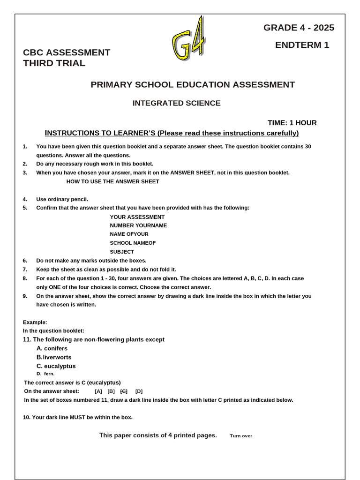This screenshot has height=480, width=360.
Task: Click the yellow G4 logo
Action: [189, 40]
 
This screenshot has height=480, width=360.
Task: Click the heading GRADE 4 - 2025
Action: [299, 28]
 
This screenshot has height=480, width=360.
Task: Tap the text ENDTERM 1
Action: [302, 45]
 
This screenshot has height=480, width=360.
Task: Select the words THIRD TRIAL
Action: [54, 63]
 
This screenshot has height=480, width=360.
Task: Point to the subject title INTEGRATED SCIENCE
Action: [176, 103]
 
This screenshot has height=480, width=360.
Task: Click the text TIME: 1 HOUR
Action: [292, 123]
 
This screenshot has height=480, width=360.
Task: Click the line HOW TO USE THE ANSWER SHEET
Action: [112, 181]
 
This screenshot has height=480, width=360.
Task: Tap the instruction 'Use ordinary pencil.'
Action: [62, 199]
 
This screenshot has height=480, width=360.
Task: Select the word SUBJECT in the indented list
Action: [122, 252]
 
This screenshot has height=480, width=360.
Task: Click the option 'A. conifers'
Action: [52, 348]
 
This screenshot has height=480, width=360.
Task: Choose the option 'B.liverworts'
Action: [53, 357]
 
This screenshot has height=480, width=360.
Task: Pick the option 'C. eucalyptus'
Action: [56, 366]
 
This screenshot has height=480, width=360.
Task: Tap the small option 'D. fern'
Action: [45, 374]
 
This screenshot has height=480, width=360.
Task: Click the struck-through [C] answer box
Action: [124, 391]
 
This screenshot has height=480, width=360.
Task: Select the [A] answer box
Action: [98, 391]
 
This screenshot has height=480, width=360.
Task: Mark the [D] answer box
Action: [139, 391]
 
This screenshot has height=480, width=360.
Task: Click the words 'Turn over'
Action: [241, 436]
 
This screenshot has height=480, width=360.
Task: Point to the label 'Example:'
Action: [35, 322]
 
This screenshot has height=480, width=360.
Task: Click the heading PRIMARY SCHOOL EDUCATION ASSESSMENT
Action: [193, 85]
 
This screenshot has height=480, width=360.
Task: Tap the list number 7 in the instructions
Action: [25, 270]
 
